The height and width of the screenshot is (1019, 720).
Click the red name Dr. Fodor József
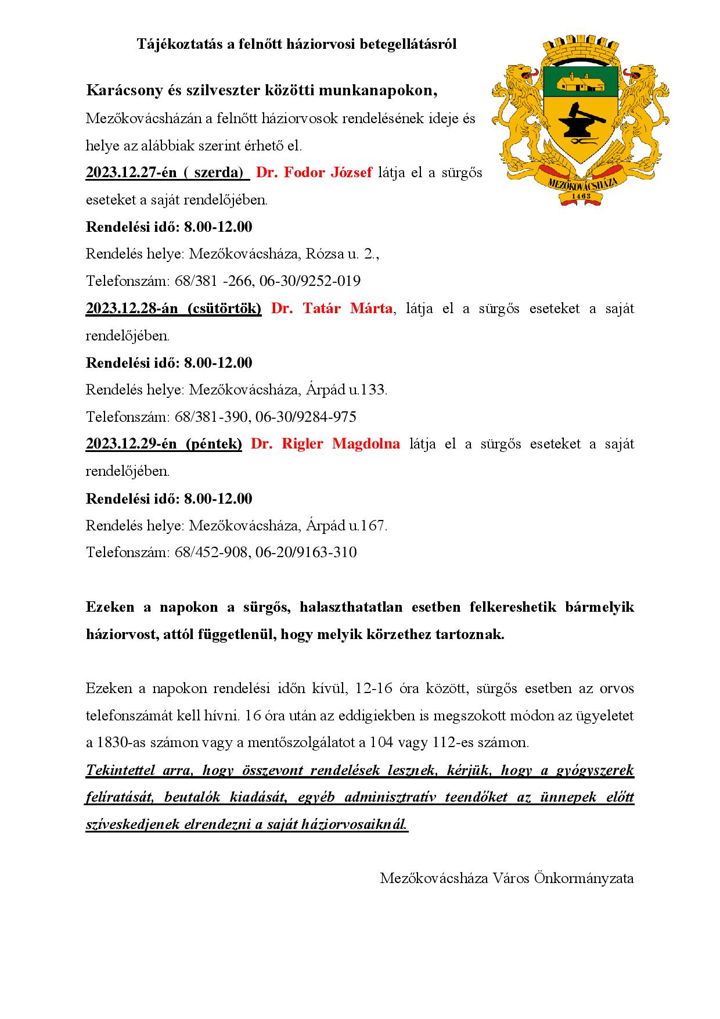pos(314,173)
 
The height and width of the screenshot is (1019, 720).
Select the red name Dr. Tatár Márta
pos(332,308)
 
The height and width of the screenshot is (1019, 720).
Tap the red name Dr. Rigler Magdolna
pos(325,444)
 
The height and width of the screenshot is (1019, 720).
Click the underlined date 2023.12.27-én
pos(131,173)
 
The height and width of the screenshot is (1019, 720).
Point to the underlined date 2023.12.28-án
pos(131,308)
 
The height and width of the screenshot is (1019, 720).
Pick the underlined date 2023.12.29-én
pos(131,444)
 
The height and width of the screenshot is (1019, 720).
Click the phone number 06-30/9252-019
pos(310,281)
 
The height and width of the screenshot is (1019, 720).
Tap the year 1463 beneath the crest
pos(581,196)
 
